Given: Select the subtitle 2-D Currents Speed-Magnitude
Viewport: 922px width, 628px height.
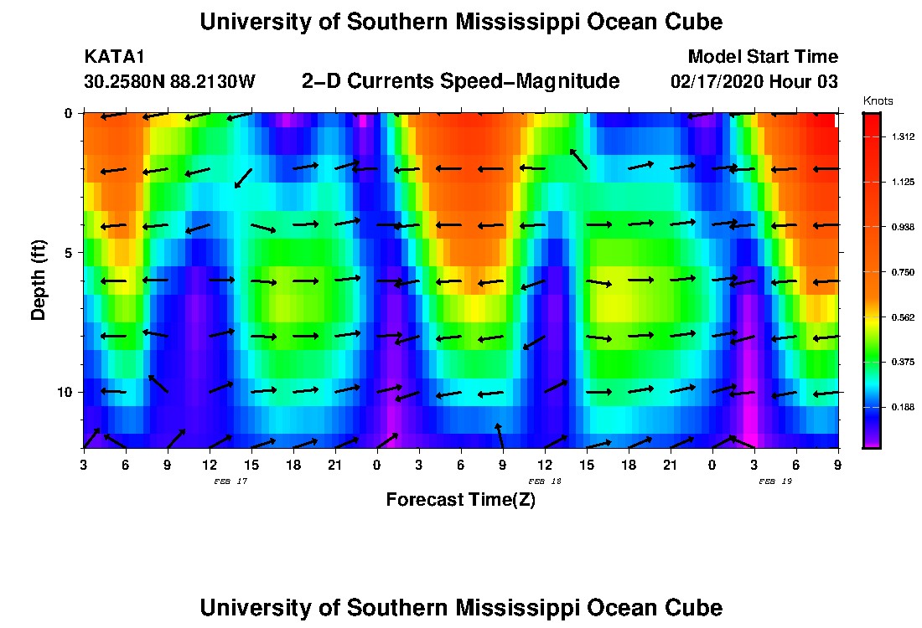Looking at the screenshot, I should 460,81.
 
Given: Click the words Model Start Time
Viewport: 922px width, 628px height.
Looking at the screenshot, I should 762,57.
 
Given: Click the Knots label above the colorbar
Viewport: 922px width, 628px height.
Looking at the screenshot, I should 878,100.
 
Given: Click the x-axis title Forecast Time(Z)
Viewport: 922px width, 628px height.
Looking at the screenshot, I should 460,501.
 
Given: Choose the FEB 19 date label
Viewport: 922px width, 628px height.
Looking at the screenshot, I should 775,481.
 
